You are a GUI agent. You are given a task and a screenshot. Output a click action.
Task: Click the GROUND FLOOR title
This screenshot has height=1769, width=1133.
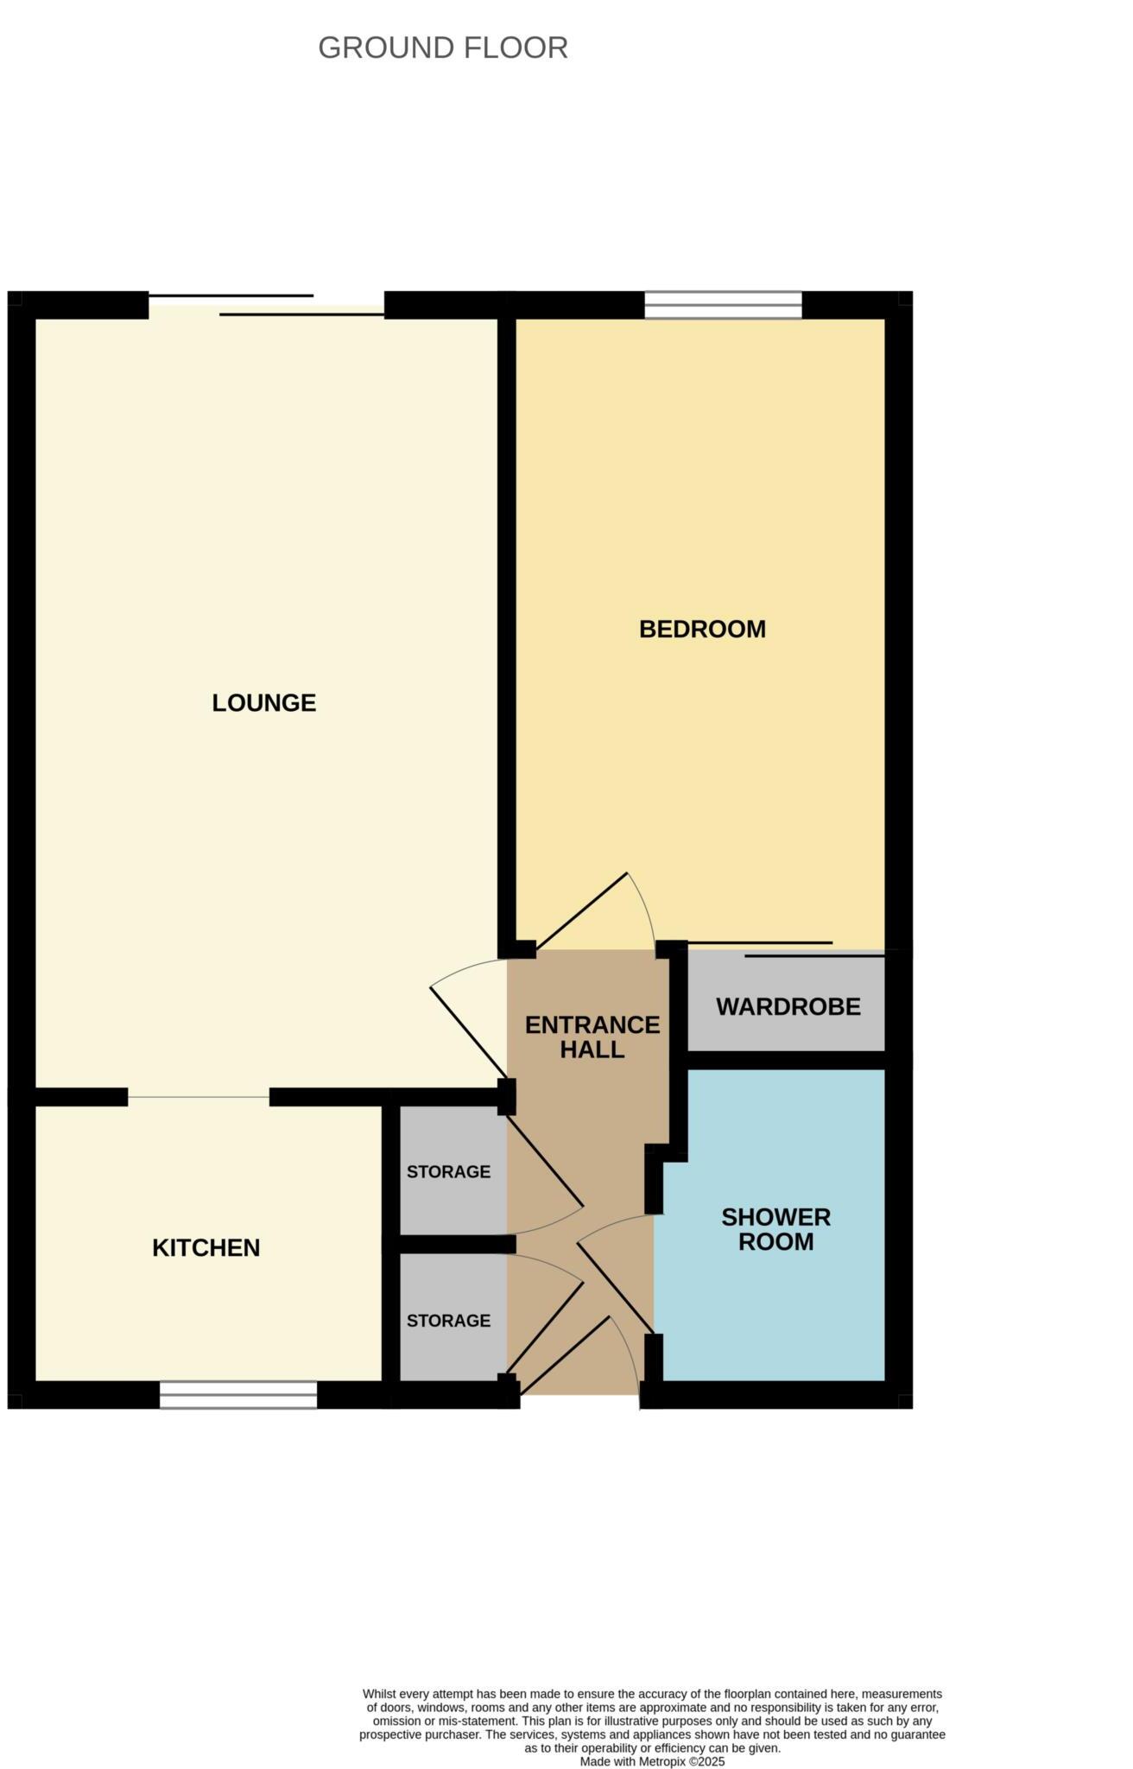[x=443, y=48]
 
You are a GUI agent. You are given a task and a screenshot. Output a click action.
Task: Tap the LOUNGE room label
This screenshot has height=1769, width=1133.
[x=264, y=703]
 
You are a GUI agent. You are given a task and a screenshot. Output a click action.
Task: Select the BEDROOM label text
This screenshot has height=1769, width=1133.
[x=702, y=629]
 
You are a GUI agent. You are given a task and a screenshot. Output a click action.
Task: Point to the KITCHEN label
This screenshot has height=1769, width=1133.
[x=206, y=1247]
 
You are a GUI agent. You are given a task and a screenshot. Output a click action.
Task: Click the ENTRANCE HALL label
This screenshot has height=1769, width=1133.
[x=592, y=1037]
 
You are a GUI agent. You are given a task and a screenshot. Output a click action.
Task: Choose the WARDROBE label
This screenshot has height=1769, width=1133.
[x=788, y=1006]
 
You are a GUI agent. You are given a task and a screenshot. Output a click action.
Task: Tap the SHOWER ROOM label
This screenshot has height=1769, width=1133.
[x=775, y=1229]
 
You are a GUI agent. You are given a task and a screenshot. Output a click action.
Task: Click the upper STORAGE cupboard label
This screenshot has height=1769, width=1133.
[x=448, y=1172]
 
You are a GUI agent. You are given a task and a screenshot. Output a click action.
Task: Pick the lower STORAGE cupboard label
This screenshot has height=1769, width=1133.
[x=448, y=1321]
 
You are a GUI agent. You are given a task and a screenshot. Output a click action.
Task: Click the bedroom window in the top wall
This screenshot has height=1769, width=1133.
[x=723, y=305]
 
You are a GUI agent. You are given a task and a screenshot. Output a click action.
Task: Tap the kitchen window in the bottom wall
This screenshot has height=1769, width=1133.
[x=238, y=1396]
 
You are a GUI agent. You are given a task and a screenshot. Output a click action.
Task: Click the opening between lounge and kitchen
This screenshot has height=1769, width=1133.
[x=199, y=1097]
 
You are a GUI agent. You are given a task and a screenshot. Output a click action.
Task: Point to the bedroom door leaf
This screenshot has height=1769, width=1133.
[x=581, y=912]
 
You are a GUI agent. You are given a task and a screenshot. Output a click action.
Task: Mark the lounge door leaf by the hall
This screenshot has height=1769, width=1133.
[x=469, y=1033]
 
